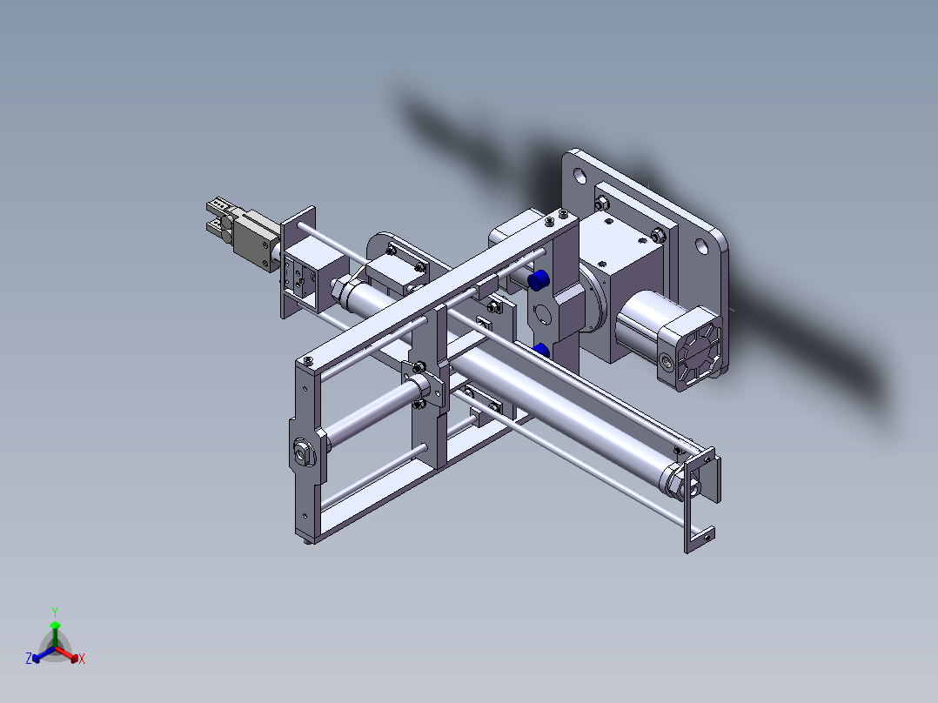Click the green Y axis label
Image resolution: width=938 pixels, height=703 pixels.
[54, 612]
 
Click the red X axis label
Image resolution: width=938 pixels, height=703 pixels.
[82, 659]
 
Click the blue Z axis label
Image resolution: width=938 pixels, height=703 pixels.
[29, 659]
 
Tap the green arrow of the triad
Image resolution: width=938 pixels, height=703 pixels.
[55, 627]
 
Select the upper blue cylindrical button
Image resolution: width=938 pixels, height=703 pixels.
[538, 280]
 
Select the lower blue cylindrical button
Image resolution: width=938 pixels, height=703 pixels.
[541, 350]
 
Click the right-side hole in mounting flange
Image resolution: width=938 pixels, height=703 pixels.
[702, 246]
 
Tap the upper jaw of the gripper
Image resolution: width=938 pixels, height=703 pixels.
[218, 206]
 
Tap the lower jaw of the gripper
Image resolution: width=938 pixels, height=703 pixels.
[215, 228]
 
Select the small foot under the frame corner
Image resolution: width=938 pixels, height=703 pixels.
[307, 542]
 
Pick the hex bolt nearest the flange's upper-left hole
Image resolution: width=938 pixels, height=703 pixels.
[600, 203]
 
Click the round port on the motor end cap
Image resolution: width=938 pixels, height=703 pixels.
[668, 361]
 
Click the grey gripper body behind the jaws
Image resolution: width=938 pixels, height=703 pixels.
[254, 236]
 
